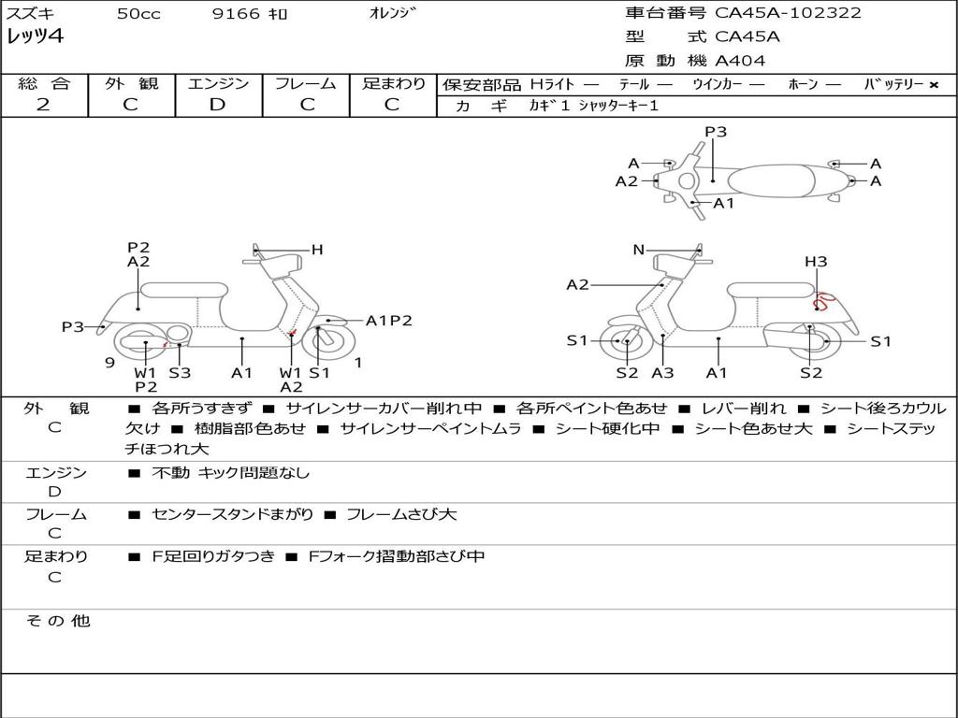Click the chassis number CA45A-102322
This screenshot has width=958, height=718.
pos(788,13)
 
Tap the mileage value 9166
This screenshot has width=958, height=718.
pos(237,14)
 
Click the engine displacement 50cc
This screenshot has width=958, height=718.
pos(138,14)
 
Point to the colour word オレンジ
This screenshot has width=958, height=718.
pos(393,13)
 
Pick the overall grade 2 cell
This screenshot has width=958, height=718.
pos(43,105)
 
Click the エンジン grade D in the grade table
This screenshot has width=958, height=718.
pos(218,105)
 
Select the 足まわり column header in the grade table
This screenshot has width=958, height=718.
pos(394,83)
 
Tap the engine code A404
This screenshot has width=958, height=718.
pos(740,61)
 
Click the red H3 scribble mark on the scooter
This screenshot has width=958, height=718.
pos(823,301)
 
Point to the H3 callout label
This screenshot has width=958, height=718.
pos(816,262)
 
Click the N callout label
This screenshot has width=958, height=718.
pos(639,250)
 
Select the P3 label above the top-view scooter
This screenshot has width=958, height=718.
pos(716,132)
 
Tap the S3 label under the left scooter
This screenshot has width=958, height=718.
pos(180,373)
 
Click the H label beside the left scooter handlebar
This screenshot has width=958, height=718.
pos(317,250)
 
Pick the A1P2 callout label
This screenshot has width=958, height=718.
pos(389,321)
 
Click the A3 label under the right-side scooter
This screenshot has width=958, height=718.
pos(662,373)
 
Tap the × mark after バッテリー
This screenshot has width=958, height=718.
pos(933,85)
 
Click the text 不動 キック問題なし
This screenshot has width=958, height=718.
pos(230,473)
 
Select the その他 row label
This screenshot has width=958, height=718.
pos(57,621)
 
